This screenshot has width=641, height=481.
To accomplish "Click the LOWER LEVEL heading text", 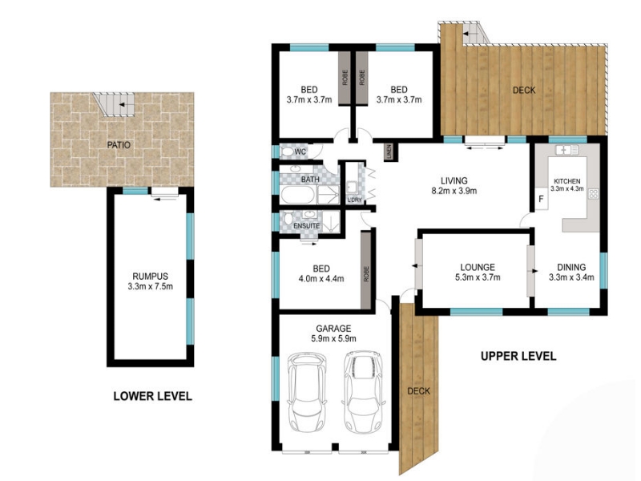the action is [152, 396].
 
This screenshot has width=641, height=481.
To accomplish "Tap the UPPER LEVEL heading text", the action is [518, 356].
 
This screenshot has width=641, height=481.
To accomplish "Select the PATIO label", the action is [119, 145].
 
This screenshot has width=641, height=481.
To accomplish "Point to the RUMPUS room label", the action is [150, 277].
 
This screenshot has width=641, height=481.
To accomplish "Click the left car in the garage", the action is [307, 392].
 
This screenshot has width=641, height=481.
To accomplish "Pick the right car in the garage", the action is [364, 392].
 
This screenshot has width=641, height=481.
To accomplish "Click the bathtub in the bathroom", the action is [298, 195].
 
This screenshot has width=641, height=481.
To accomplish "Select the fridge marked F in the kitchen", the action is [542, 199].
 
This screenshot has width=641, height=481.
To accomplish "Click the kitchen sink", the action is [567, 150].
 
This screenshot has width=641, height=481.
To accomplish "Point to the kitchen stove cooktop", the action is [593, 194].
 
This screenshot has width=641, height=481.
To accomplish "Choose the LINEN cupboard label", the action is [389, 152].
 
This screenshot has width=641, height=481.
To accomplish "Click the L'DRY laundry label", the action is [354, 200].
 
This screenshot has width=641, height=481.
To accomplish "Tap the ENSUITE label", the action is [307, 226].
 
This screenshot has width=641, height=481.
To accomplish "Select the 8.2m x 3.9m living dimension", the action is [454, 191].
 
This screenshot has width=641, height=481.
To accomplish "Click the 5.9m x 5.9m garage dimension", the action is [333, 338].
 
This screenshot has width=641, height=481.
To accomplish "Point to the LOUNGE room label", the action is [478, 268].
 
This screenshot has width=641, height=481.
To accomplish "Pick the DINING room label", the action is [571, 268].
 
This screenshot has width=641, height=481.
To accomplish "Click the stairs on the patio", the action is [114, 105].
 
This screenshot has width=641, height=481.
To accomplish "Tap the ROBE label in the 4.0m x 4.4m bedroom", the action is [366, 273].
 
